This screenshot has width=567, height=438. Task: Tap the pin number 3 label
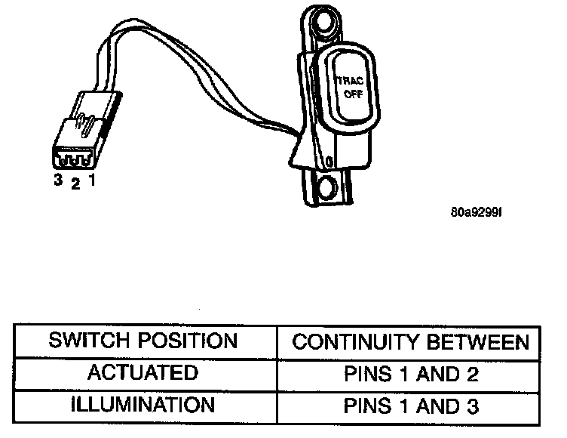[57, 181]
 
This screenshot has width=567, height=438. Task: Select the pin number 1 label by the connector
[91, 182]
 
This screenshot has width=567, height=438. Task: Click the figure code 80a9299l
[475, 211]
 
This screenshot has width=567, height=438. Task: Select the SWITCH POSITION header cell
[143, 341]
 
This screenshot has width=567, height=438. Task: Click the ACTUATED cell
[143, 373]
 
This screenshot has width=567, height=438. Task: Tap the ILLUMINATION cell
[143, 405]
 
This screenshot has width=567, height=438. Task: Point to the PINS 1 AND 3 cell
[411, 406]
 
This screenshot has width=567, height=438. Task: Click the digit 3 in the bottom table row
[472, 406]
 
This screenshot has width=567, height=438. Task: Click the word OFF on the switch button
[353, 94]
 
